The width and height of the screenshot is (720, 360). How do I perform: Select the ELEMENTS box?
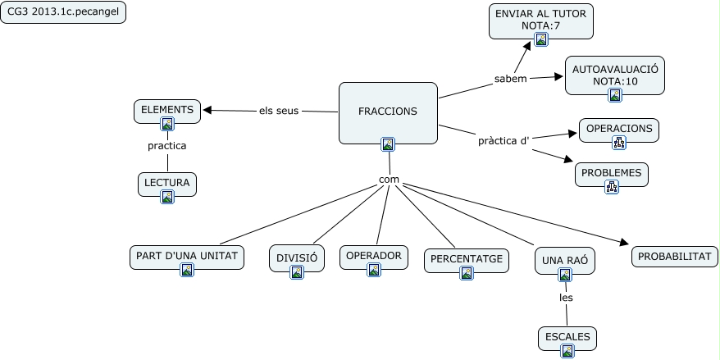pyautogui.click(x=167, y=110)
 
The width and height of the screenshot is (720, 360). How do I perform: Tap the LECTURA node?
pyautogui.click(x=167, y=182)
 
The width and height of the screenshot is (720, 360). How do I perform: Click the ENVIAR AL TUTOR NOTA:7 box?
pyautogui.click(x=540, y=19)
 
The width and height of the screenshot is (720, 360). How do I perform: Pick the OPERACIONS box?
pyautogui.click(x=618, y=129)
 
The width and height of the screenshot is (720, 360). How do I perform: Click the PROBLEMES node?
pyautogui.click(x=612, y=173)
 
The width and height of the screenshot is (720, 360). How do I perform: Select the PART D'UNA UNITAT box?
pyautogui.click(x=187, y=256)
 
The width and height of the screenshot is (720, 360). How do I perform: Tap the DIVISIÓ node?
pyautogui.click(x=297, y=257)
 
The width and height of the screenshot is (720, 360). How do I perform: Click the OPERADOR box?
pyautogui.click(x=374, y=256)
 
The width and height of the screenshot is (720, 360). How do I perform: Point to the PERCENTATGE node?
pyautogui.click(x=466, y=259)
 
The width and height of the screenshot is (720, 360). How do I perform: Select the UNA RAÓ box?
pyautogui.click(x=565, y=261)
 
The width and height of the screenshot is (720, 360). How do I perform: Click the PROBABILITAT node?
pyautogui.click(x=675, y=256)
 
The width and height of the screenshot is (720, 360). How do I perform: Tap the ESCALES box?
pyautogui.click(x=567, y=336)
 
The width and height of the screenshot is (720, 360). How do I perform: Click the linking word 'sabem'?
pyautogui.click(x=511, y=79)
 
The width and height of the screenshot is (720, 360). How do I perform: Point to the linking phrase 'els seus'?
pyautogui.click(x=279, y=111)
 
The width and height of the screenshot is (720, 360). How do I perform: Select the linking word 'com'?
pyautogui.click(x=389, y=179)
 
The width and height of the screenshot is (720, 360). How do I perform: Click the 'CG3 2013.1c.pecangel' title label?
pyautogui.click(x=63, y=13)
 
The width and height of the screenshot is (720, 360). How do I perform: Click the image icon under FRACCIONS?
pyautogui.click(x=388, y=144)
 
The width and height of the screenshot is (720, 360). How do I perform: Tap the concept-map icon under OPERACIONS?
pyautogui.click(x=618, y=142)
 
